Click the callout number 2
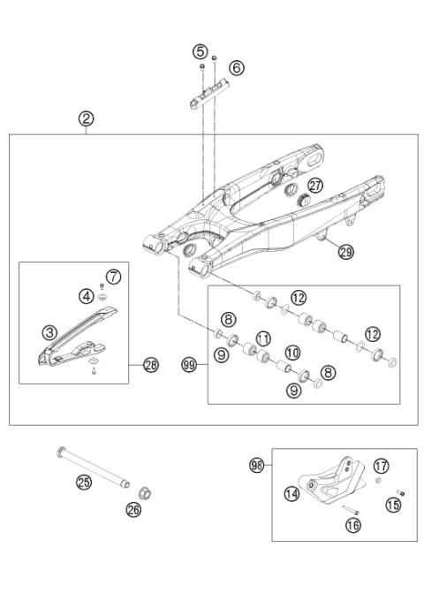point(87,118)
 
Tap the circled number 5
point(201,51)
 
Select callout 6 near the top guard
point(236,67)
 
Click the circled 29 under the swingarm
point(345,252)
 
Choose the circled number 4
point(87,295)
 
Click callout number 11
point(262,338)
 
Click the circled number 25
point(84,482)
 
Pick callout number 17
point(381,465)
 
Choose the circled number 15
point(393,505)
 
